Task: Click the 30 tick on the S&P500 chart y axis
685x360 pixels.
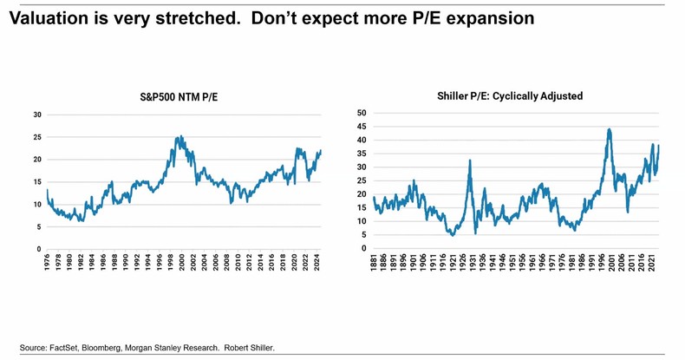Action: [x=37, y=115]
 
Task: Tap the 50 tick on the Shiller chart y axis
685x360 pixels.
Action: [x=362, y=113]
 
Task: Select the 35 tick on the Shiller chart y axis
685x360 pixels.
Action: [x=362, y=154]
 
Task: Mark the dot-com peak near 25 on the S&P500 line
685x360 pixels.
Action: [x=179, y=136]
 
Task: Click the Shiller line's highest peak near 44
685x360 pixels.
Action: [x=610, y=129]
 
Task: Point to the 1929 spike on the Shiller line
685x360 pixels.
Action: [x=469, y=160]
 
